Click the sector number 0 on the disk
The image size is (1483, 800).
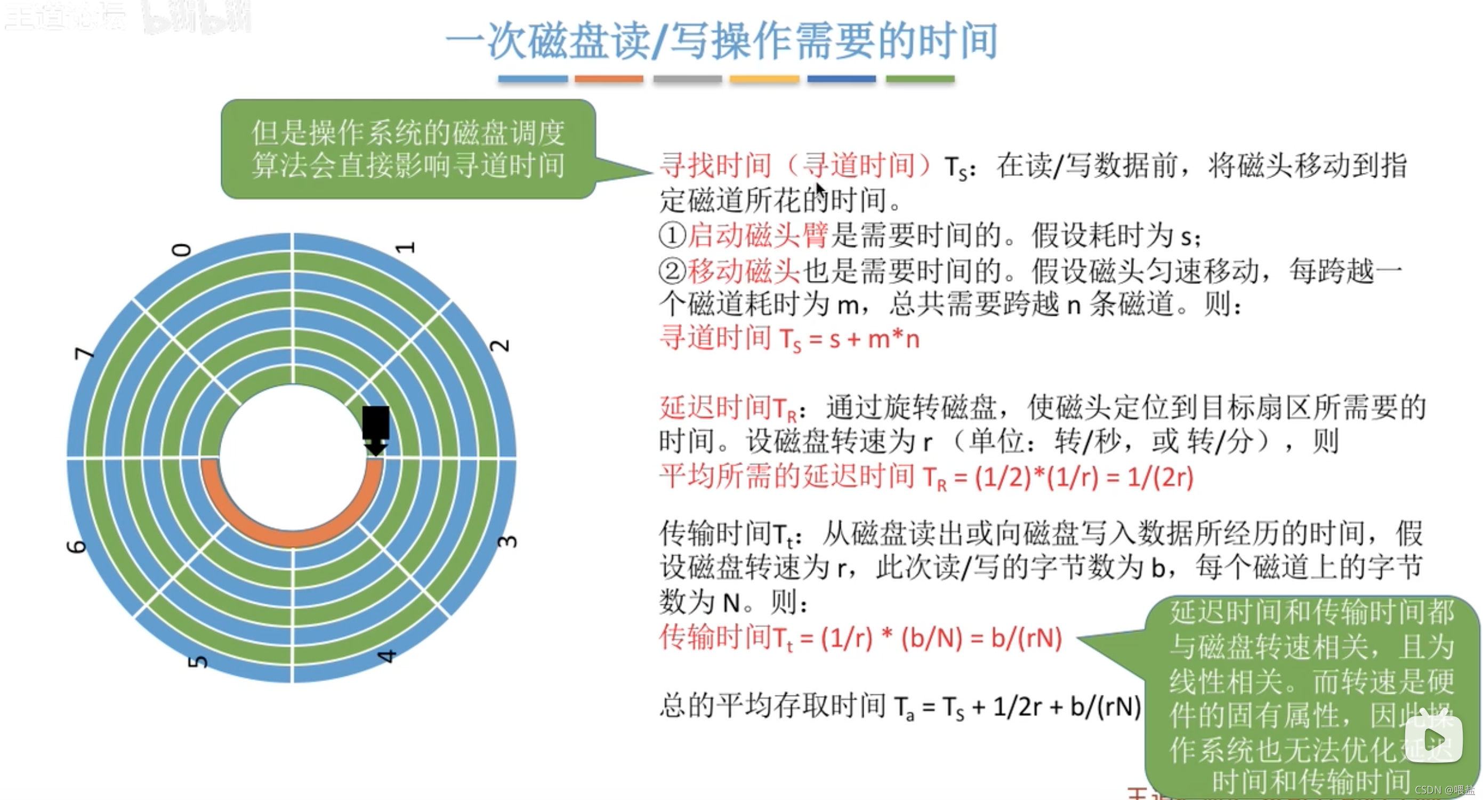coord(182,250)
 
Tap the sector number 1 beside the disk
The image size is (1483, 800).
coord(405,248)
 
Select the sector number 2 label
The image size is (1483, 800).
coord(499,346)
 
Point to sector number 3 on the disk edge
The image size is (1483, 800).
coord(506,542)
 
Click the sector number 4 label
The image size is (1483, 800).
coord(386,656)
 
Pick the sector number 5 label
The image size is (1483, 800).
coord(197,662)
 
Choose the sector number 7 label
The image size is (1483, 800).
coord(84,353)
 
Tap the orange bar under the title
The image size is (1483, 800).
coord(609,79)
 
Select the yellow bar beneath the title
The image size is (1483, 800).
coord(764,79)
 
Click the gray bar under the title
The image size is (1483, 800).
coord(687,79)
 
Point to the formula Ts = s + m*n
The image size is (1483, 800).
coord(849,339)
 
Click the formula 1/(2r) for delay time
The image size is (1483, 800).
coord(1160,477)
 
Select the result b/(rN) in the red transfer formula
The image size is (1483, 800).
coord(1027,638)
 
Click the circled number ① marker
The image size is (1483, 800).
coord(672,236)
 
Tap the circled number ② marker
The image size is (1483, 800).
coord(672,271)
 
